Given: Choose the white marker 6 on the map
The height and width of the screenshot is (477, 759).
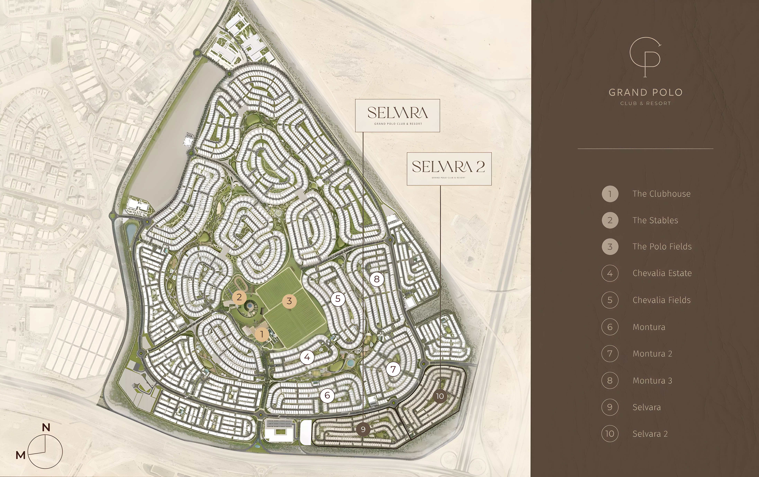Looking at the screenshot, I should coord(327,395).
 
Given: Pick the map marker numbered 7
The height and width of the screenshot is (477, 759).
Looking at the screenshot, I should coord(393,369).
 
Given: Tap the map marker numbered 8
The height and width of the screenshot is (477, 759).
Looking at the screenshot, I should coord(377,279).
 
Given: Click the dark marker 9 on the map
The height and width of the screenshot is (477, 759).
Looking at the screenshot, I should coord(363,429).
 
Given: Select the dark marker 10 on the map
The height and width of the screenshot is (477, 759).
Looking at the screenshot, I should coord(440,396).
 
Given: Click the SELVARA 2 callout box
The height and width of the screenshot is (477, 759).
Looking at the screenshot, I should coord(449,169).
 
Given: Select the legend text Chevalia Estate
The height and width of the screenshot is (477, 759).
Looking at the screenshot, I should coord(662,273).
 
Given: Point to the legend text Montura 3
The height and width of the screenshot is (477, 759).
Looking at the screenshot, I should coord(652,381).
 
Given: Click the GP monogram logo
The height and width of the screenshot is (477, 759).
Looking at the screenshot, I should coord(645,57).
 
